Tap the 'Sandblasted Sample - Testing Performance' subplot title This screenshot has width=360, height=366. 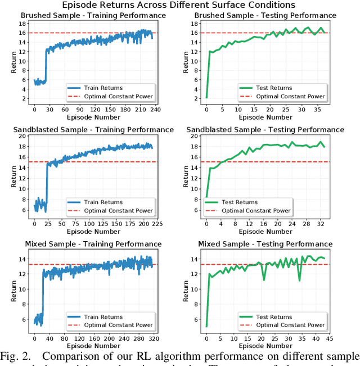[x=265, y=130]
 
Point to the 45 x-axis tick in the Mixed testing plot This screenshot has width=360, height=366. [x=328, y=339]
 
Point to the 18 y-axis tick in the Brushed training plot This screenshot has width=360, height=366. [x=22, y=24]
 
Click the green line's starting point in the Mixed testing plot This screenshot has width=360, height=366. [x=206, y=326]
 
